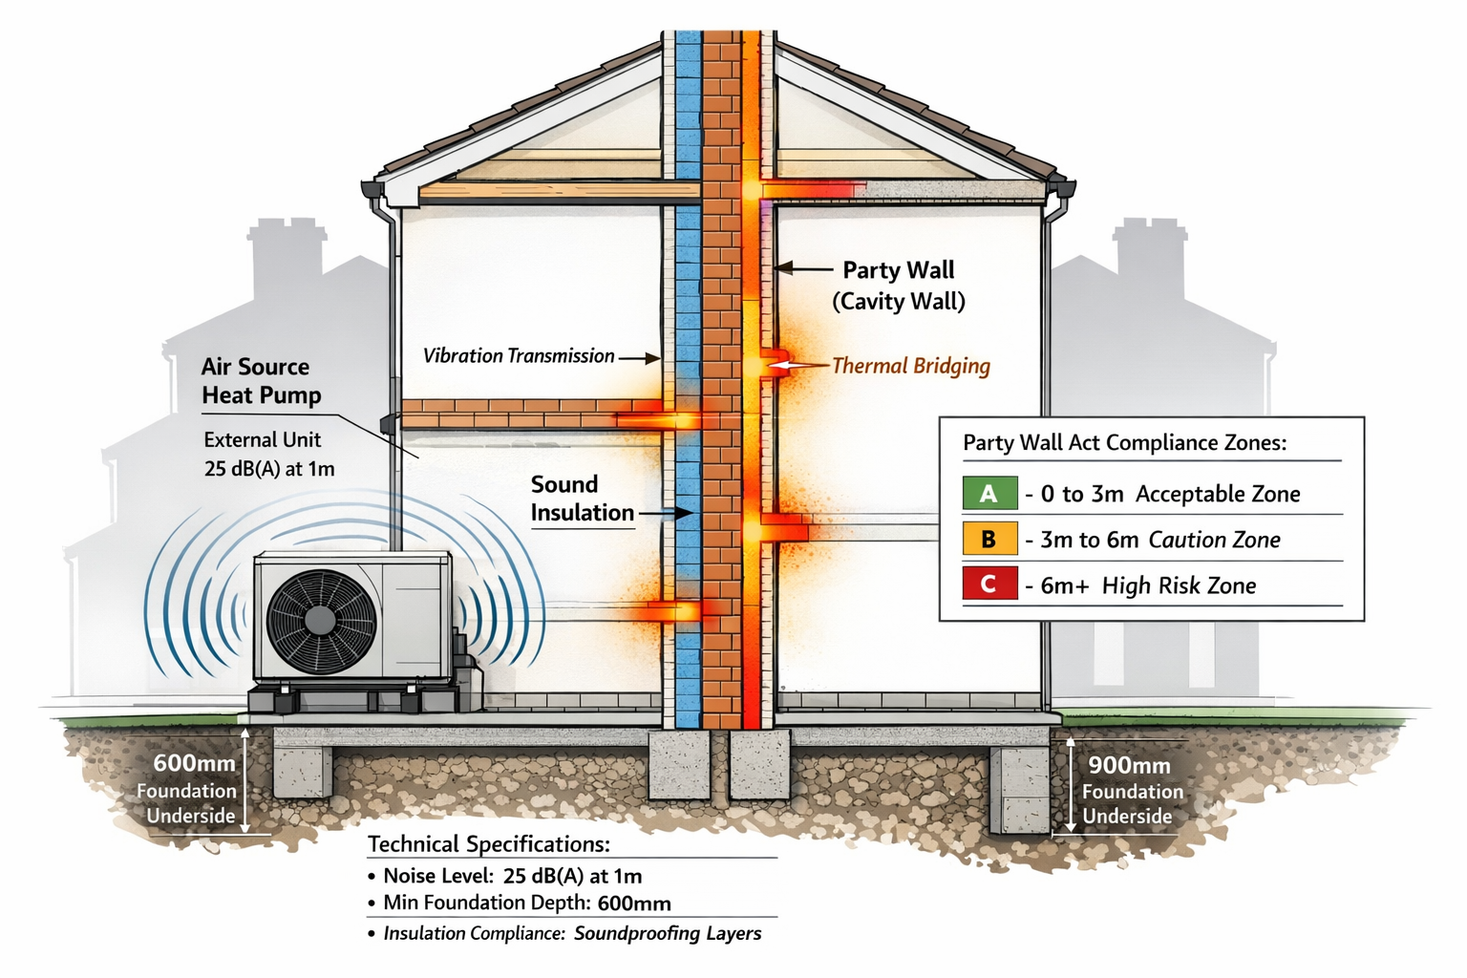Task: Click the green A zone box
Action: coord(989,493)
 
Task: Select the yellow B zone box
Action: coord(989,540)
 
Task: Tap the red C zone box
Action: coord(989,585)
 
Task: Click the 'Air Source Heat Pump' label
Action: coord(260,381)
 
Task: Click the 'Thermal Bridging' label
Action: coord(910,366)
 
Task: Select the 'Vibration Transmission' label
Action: coord(519,356)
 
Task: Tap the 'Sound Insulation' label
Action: coord(582,499)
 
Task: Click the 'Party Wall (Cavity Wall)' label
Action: coord(898,286)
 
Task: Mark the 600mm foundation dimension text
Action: coord(195,763)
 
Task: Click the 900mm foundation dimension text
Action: coord(1129,765)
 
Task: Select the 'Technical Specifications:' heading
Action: coord(488,844)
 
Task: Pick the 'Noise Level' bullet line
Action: coord(512,876)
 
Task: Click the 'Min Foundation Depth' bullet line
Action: coord(526,903)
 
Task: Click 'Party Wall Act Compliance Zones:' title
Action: coord(1124,442)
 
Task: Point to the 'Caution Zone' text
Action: coord(1214,540)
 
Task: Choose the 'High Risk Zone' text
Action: coord(1179,585)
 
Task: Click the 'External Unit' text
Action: coord(263,440)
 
